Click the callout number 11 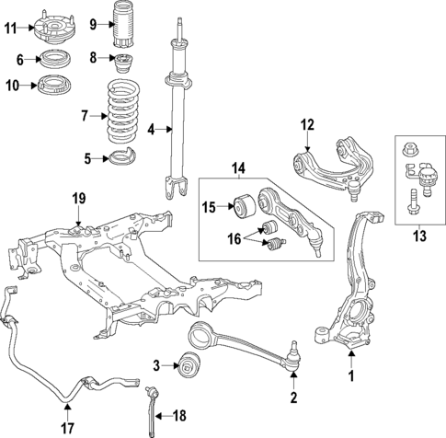click(x=10, y=28)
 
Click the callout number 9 click(x=92, y=22)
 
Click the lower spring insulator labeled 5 click(x=121, y=158)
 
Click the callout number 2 click(x=293, y=398)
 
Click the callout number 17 click(x=67, y=425)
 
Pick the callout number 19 click(x=79, y=198)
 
